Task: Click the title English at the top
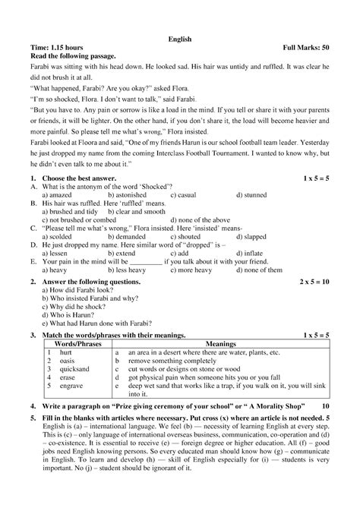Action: (x=179, y=38)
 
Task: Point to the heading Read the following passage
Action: (x=71, y=56)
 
